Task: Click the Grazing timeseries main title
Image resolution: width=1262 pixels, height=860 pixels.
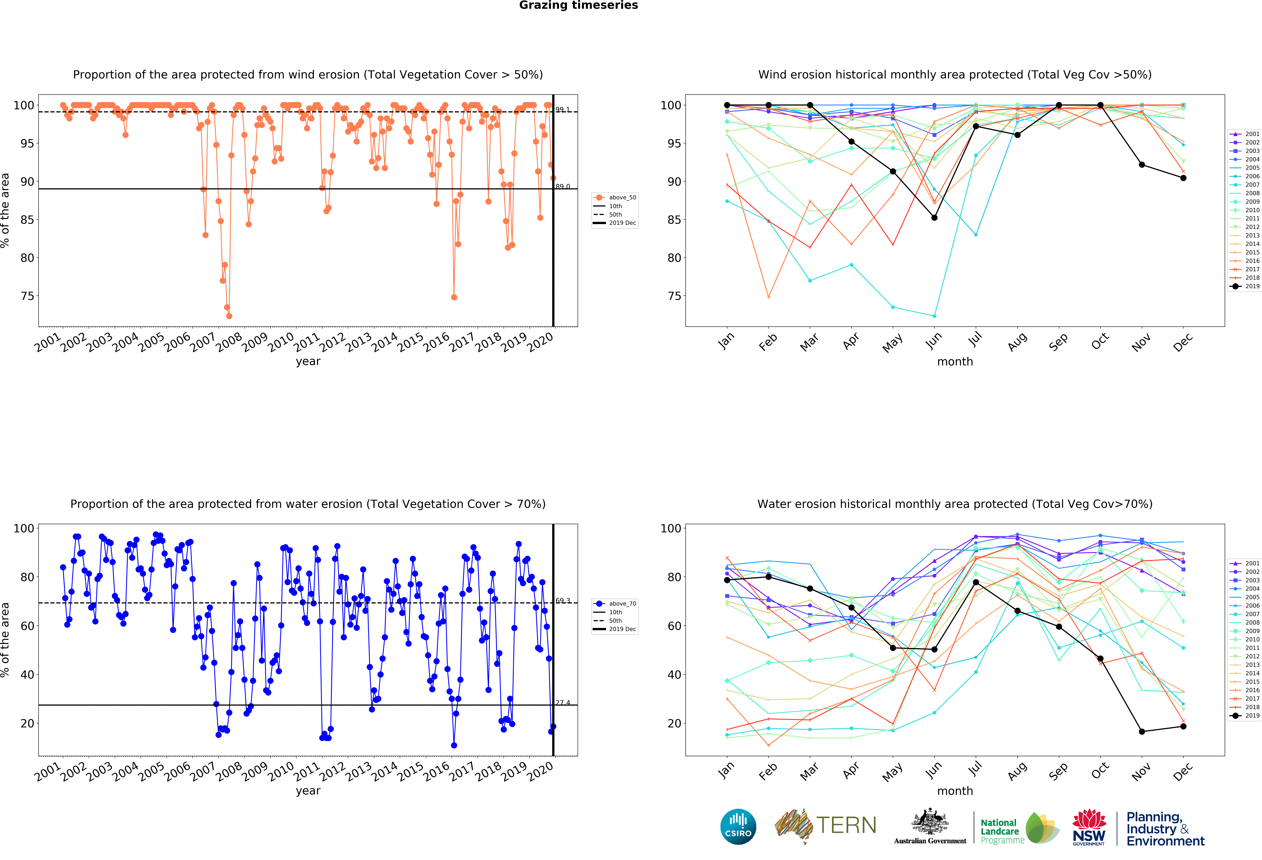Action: point(578,5)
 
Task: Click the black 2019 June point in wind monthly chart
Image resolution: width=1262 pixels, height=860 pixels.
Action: point(934,218)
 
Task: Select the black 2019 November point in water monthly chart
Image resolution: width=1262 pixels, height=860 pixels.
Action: point(1142,731)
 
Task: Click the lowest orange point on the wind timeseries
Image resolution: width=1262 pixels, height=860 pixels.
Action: point(229,316)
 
